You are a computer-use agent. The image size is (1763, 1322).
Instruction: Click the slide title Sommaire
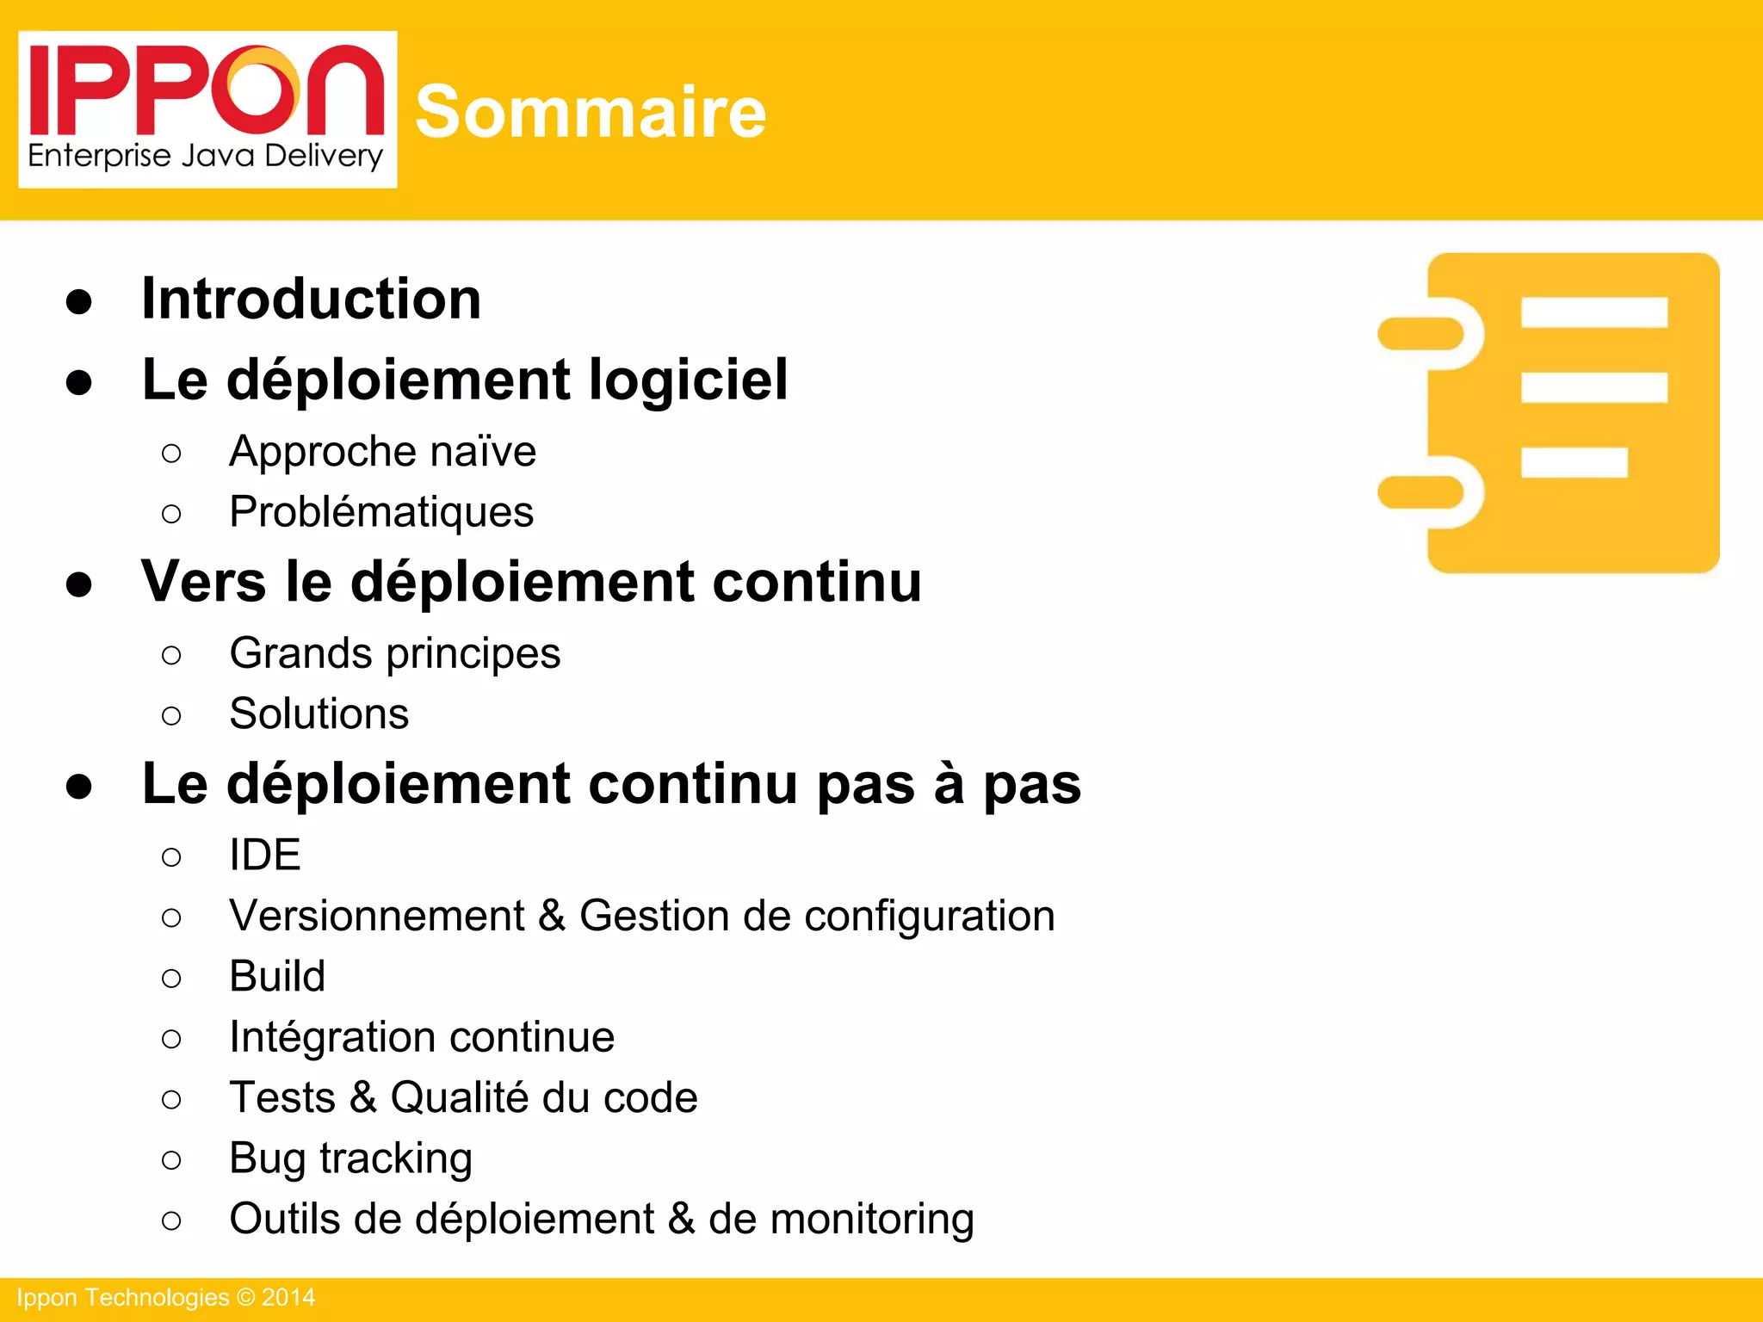click(591, 112)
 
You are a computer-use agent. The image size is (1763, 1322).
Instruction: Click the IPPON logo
click(207, 108)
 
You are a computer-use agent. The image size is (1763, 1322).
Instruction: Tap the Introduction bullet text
click(311, 299)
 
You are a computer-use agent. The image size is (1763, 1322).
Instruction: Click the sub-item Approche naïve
click(382, 451)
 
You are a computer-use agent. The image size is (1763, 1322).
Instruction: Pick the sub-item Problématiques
click(381, 512)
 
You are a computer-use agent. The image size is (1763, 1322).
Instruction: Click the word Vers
click(203, 582)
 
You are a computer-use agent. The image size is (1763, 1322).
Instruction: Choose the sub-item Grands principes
click(394, 653)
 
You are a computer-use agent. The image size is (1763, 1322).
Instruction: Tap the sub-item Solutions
click(319, 714)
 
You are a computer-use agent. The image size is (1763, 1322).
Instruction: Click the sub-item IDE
click(265, 855)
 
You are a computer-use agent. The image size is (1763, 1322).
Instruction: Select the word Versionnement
click(377, 915)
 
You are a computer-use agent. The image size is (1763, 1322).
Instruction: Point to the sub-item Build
click(277, 976)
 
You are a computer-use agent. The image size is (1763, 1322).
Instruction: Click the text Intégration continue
click(422, 1036)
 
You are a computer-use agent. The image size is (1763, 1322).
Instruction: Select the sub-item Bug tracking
click(350, 1158)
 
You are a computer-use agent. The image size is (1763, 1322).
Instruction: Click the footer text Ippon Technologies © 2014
click(166, 1298)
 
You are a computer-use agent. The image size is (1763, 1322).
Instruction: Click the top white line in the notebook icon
click(1594, 312)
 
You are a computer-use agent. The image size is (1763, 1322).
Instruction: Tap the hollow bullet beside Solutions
click(171, 715)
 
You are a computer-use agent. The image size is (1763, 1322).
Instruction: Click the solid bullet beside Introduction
click(79, 301)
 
